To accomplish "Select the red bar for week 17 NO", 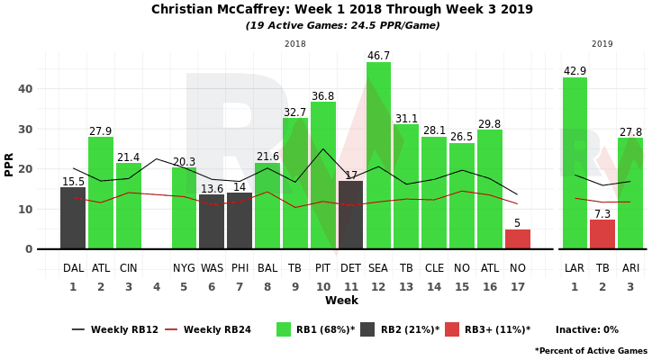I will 518,239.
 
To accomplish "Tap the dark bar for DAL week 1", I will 73,218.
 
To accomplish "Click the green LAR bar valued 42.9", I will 575,163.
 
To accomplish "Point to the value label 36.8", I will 322,96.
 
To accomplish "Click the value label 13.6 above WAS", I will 212,189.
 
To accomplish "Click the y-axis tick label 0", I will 29,249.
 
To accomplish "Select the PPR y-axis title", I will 9,163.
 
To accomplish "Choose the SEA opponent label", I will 378,268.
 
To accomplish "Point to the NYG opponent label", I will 184,268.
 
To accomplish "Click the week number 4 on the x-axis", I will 156,286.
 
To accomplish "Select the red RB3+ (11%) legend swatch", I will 452,329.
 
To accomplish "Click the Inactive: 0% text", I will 587,330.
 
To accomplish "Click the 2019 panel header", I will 602,44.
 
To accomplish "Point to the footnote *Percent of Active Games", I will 591,350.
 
